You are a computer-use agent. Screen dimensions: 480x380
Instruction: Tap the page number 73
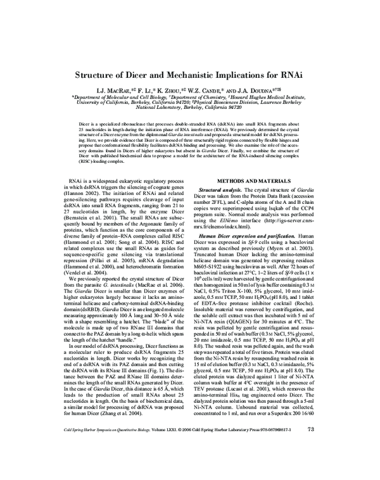tap(310, 464)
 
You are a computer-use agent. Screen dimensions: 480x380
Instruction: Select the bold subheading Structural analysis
tap(225, 190)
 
